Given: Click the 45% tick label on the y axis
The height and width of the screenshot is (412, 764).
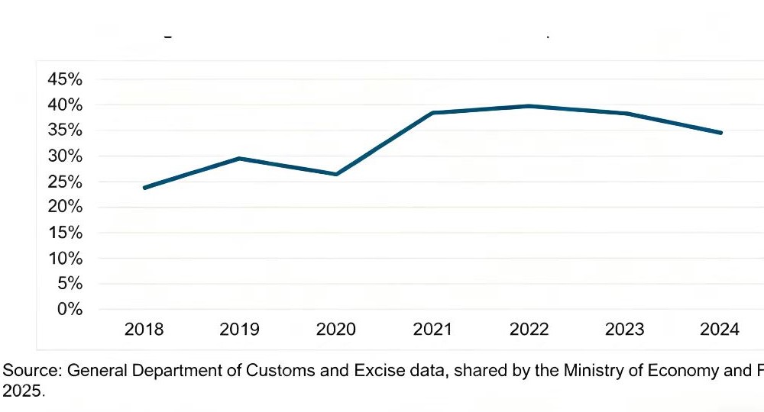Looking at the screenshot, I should coord(65,79).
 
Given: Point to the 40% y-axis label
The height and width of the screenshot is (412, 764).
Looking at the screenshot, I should coord(65,105).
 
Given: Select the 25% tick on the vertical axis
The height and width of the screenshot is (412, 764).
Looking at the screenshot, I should coord(65,182).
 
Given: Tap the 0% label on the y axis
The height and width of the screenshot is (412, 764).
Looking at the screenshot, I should coord(70,309).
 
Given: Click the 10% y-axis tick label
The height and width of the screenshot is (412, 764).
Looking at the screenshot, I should coord(65,258).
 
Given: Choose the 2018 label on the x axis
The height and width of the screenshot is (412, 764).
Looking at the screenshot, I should coord(144,330).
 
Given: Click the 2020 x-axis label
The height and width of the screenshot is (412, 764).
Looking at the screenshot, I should coord(336,330).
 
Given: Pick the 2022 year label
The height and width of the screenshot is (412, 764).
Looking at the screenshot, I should coord(529,330).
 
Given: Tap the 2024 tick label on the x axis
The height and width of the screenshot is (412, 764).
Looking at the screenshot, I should coord(720,330).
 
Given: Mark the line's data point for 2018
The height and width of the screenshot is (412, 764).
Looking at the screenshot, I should coord(144,188).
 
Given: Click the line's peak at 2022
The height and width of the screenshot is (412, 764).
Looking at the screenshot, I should coord(529,106).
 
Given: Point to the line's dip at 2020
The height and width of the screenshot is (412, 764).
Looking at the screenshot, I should coord(336,174).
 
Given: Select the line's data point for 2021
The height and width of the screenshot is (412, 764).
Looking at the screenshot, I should coord(432,113).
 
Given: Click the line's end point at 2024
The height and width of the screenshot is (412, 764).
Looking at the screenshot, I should coord(720,133).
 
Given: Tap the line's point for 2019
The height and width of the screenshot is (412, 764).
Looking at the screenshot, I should coord(239,159).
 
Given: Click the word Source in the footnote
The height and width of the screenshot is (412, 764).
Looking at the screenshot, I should coord(31,372).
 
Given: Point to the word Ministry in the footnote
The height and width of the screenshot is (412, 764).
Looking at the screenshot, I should coord(591,372).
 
